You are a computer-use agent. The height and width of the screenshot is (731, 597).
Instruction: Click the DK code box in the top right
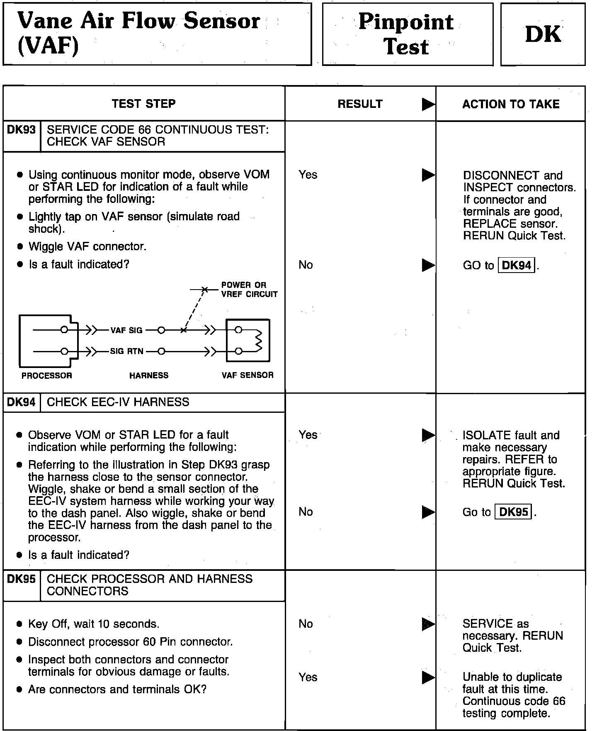point(543,34)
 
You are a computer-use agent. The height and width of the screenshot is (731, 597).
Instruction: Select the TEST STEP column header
point(143,104)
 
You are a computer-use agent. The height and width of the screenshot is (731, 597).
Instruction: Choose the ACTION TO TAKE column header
point(511,104)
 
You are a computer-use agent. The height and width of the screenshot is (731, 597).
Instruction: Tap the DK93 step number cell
point(22,130)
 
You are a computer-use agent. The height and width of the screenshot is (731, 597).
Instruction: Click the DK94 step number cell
point(22,402)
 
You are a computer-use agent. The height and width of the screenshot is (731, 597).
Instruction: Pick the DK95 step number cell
point(22,579)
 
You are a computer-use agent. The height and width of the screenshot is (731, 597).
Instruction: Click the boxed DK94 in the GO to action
point(517,266)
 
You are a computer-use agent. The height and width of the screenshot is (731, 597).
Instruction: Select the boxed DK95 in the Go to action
point(514,512)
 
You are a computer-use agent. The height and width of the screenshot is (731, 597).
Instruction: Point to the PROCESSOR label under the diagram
point(47,375)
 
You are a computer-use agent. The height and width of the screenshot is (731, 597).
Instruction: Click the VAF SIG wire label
point(126,331)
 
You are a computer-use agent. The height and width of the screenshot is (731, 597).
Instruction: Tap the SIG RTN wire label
point(127,351)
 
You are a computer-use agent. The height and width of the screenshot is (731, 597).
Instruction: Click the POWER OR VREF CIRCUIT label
point(249,290)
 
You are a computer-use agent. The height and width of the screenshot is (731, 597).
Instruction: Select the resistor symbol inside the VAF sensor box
point(259,341)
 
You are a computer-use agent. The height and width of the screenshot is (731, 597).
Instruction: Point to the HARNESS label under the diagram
point(149,375)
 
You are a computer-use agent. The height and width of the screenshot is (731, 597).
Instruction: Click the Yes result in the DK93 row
point(308,175)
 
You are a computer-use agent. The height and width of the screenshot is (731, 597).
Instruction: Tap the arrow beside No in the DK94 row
point(428,512)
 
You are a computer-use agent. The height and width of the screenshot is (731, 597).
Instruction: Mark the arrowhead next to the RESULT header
point(428,104)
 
